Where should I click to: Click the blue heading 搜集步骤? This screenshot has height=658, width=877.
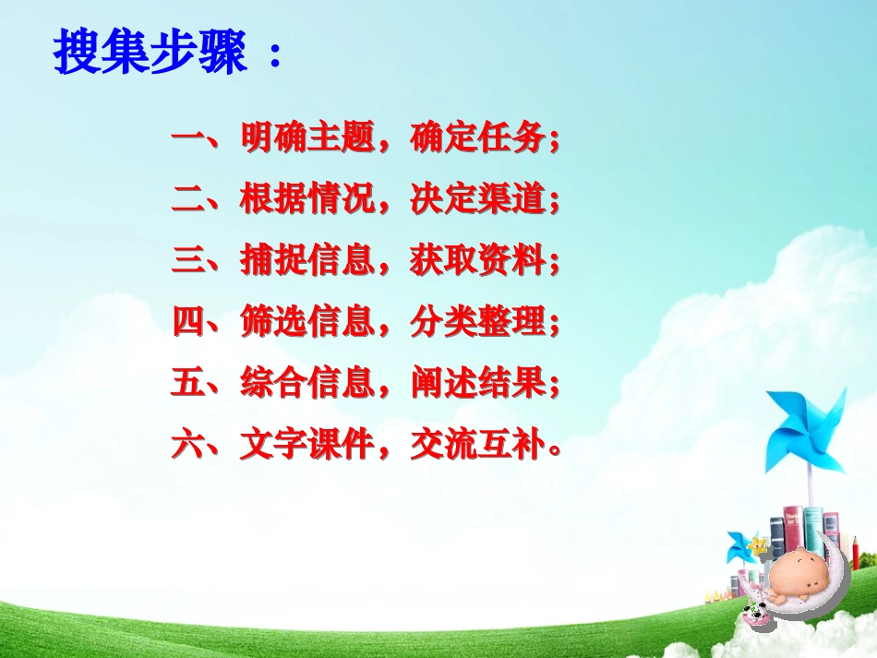click(152, 54)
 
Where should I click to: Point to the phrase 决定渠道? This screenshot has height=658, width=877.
click(479, 200)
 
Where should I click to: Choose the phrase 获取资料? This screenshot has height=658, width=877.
click(479, 261)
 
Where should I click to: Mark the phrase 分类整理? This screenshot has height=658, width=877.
click(479, 322)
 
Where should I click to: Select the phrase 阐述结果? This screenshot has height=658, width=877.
click(479, 383)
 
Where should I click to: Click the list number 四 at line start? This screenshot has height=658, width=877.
click(187, 322)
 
